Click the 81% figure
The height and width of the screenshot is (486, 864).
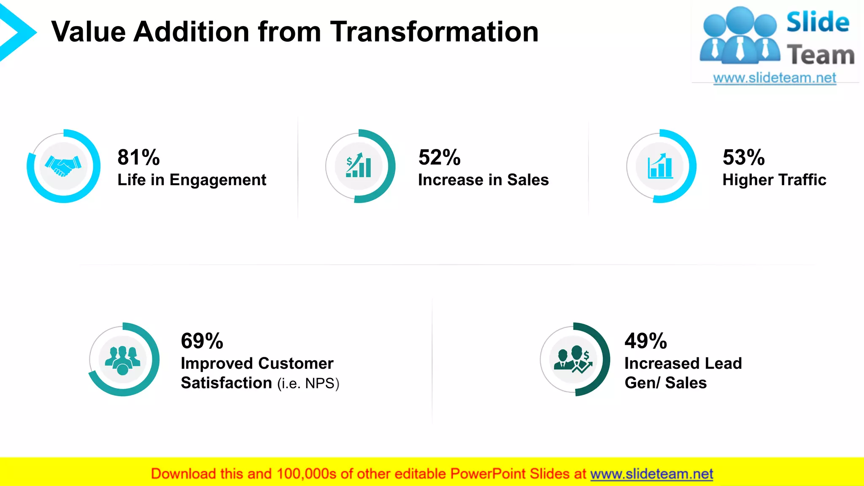(138, 157)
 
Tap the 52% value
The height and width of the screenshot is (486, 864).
(439, 157)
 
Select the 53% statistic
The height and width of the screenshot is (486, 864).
(743, 157)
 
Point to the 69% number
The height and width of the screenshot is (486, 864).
(202, 341)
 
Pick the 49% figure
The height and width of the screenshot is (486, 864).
(645, 341)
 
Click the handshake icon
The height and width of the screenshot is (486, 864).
(63, 166)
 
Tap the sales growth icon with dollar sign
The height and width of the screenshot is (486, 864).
(359, 166)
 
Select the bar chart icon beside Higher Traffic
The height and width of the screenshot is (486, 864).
(660, 166)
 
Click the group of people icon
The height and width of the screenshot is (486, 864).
(123, 360)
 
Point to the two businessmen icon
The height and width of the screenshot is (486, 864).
(573, 360)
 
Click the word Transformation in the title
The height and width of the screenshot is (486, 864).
(434, 32)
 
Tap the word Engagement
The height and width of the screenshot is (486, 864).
(218, 180)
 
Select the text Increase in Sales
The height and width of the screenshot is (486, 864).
(483, 180)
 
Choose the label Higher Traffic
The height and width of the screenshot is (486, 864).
(774, 180)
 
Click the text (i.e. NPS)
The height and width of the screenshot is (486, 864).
(308, 383)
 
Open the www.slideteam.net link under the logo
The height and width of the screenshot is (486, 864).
(775, 78)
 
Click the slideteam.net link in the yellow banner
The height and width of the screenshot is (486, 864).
(651, 474)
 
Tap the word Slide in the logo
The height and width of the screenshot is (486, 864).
(818, 22)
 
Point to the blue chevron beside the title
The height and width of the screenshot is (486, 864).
(17, 33)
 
